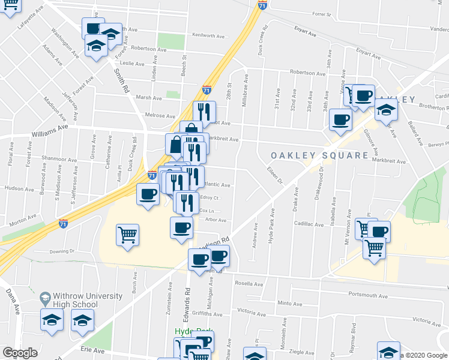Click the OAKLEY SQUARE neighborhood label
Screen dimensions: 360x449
(x=319, y=155)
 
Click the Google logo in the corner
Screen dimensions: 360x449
(x=20, y=353)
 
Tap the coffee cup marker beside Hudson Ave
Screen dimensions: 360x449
(x=148, y=194)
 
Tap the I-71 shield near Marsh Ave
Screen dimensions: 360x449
(x=206, y=90)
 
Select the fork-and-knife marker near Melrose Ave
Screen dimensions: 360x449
(x=204, y=112)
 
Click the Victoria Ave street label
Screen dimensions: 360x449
(x=252, y=312)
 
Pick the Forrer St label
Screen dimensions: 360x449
(x=322, y=13)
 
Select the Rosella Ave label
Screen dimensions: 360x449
(x=250, y=283)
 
